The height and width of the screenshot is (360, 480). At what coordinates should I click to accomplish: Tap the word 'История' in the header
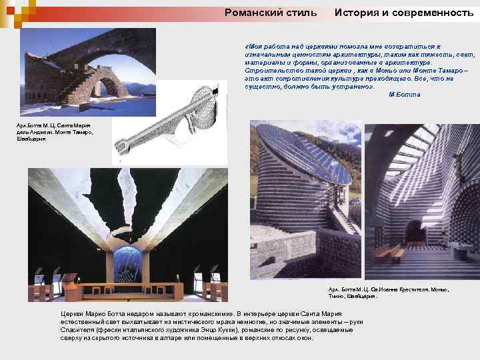pos(359,12)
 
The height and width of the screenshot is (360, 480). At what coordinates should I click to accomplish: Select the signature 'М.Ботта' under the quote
pos(404,95)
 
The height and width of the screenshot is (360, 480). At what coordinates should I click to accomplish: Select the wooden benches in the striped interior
pos(389,253)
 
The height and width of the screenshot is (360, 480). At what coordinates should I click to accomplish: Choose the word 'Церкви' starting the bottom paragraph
pos(71,313)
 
